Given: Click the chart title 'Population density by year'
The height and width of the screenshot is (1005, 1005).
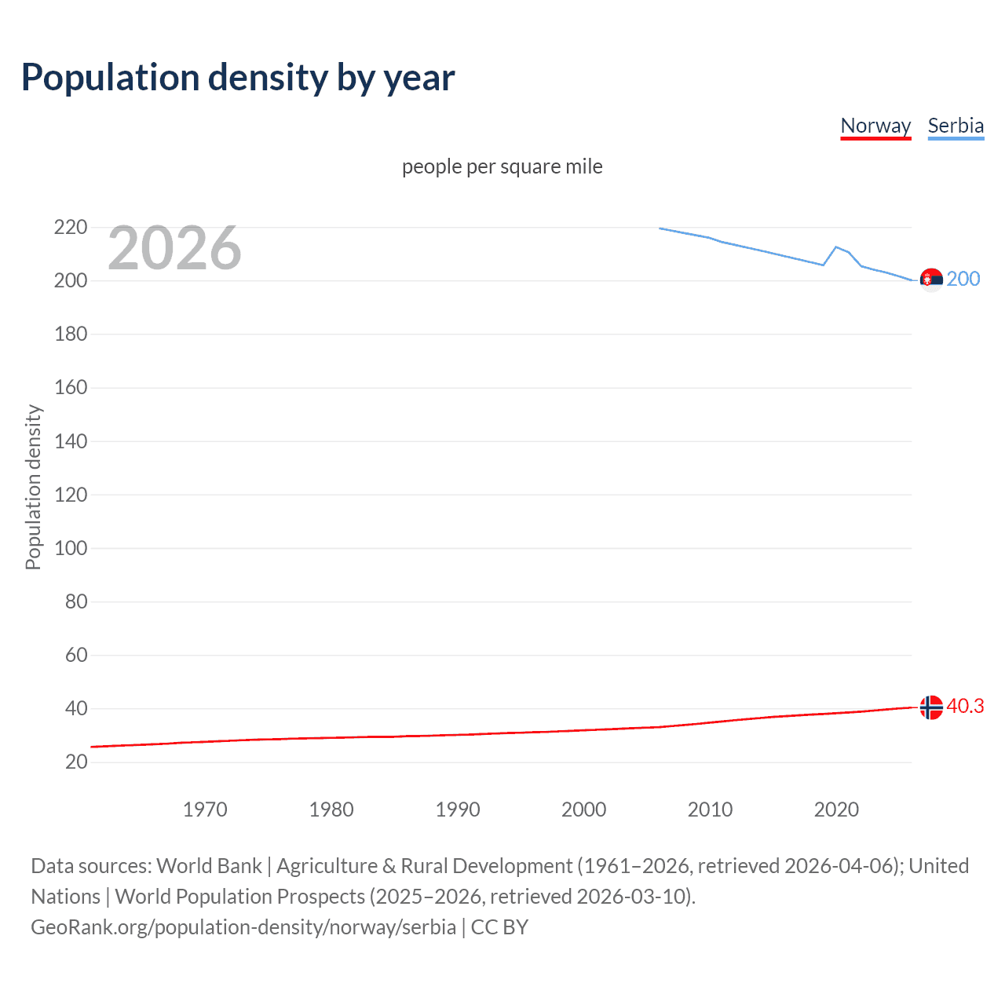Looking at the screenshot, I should click(238, 77).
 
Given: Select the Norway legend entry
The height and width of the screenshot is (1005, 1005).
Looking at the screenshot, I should click(875, 126).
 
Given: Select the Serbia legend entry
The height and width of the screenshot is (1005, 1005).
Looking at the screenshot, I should click(956, 126).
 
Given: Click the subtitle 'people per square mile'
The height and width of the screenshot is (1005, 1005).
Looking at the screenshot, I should click(502, 166).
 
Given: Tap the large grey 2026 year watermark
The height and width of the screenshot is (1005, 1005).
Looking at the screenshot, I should click(174, 248).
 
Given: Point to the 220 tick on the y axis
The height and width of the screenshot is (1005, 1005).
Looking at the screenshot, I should click(71, 227).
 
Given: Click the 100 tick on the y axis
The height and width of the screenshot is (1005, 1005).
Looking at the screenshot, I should click(71, 548).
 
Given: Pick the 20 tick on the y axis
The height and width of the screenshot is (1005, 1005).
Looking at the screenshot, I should click(76, 762).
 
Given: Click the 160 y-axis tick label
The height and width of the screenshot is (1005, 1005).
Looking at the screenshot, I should click(71, 387).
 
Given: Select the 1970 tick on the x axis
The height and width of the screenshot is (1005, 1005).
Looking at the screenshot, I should click(205, 809).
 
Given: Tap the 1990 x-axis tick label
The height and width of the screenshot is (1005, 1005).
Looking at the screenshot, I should click(458, 809).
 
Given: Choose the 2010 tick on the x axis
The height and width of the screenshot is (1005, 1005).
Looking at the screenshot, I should click(710, 809).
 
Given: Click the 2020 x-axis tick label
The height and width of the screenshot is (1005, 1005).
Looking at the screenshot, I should click(836, 809).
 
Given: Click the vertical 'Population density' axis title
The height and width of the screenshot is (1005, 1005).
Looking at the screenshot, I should click(33, 487).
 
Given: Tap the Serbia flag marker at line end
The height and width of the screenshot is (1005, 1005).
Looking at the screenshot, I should click(931, 280).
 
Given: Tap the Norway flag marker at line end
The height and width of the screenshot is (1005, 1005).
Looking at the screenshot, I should click(931, 707).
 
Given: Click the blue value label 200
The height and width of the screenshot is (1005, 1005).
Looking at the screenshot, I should click(963, 280).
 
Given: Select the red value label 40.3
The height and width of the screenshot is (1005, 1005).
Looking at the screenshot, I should click(965, 707).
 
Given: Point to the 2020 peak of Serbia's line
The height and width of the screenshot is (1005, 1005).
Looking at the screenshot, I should click(836, 247).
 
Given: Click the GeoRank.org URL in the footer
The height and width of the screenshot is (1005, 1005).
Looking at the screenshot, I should click(243, 926).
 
